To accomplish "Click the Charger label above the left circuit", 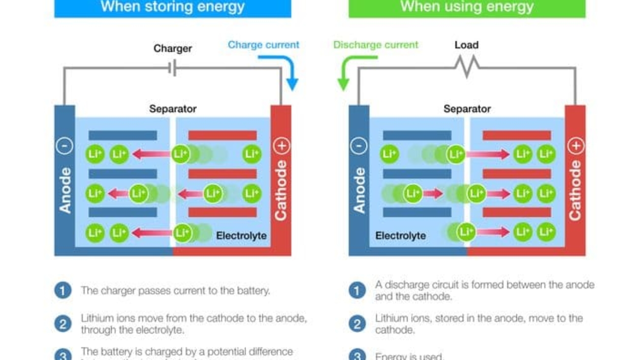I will coord(172,48).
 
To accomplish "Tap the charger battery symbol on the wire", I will coord(172,68).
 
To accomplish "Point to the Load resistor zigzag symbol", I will coord(467,65).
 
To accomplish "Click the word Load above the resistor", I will coord(466,45).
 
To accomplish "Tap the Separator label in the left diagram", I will coord(173,109).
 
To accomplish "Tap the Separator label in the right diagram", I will coord(467,109).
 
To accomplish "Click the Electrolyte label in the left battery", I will coord(241,236).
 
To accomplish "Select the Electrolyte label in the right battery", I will coord(400,236).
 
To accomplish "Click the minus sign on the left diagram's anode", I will coord(65,146).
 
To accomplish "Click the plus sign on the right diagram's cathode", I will coord(576,146).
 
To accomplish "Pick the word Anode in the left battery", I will coord(65,191).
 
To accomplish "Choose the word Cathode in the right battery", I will coord(575,191).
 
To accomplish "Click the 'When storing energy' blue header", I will coord(172,7).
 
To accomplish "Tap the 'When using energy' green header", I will coord(467,7).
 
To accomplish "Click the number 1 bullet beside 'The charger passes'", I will coord(63,291).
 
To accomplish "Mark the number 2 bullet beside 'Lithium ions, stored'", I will coord(357,324).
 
